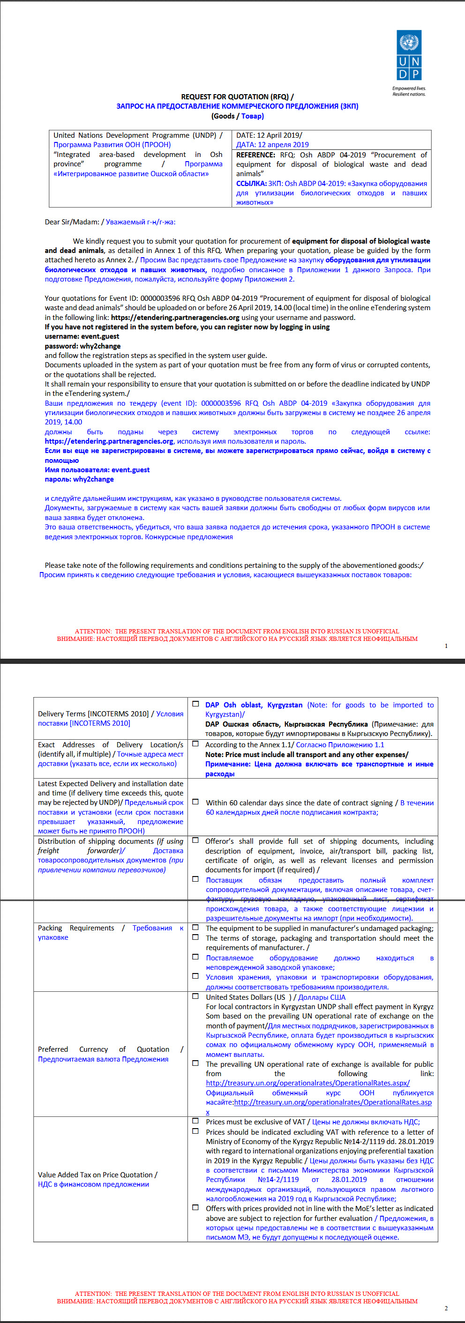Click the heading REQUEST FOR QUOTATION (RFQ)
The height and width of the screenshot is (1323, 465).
tap(237, 97)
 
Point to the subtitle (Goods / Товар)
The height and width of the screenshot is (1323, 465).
tap(237, 116)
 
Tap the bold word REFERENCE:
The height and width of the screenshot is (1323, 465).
tap(256, 155)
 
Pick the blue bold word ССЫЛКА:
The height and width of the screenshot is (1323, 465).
tap(251, 183)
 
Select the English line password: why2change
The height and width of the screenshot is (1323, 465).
tap(82, 346)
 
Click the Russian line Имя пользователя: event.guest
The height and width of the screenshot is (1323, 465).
tap(97, 469)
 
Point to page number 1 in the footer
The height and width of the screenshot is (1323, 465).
tap(446, 646)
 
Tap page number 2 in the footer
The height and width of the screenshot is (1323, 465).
tap(446, 1308)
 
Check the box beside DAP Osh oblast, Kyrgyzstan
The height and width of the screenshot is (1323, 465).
tap(196, 704)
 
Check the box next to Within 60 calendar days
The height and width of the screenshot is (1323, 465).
tap(196, 802)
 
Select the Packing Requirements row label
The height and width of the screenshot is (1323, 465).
tap(75, 928)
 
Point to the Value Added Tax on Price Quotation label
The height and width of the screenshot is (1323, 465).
tap(97, 1174)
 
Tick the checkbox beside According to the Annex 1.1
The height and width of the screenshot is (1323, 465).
tap(196, 743)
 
